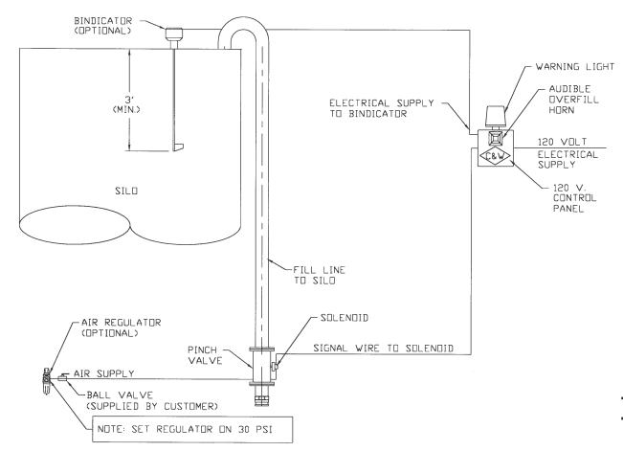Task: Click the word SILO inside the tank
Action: point(135,192)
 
